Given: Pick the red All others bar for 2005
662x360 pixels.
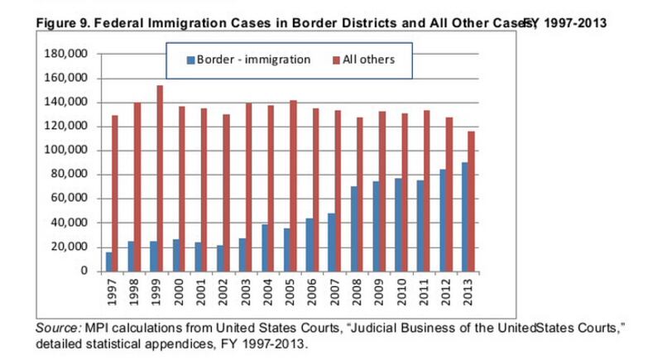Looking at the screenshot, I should click(294, 185).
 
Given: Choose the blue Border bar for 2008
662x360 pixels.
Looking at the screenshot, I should click(354, 228).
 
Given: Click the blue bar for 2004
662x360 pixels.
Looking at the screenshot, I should click(265, 247).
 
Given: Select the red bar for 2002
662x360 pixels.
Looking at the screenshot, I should click(227, 192).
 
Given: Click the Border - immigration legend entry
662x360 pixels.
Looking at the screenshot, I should click(248, 60).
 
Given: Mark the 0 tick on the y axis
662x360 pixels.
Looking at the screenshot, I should click(84, 271).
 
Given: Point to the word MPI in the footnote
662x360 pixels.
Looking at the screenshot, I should click(98, 329).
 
